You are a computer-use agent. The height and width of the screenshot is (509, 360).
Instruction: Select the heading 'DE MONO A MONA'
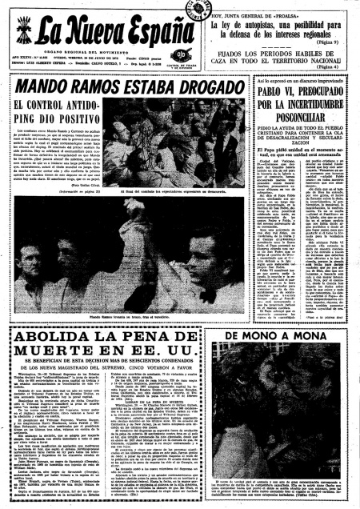[x=302, y=336]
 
